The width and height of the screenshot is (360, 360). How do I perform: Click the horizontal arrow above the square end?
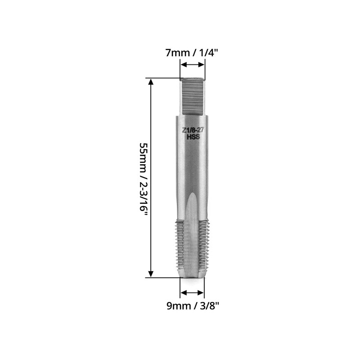pyautogui.click(x=193, y=65)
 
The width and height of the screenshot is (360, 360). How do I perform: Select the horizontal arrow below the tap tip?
pyautogui.click(x=192, y=293)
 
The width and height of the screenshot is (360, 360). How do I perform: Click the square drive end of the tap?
pyautogui.click(x=193, y=95)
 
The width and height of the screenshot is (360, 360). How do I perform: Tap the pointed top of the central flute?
pyautogui.click(x=192, y=194)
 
